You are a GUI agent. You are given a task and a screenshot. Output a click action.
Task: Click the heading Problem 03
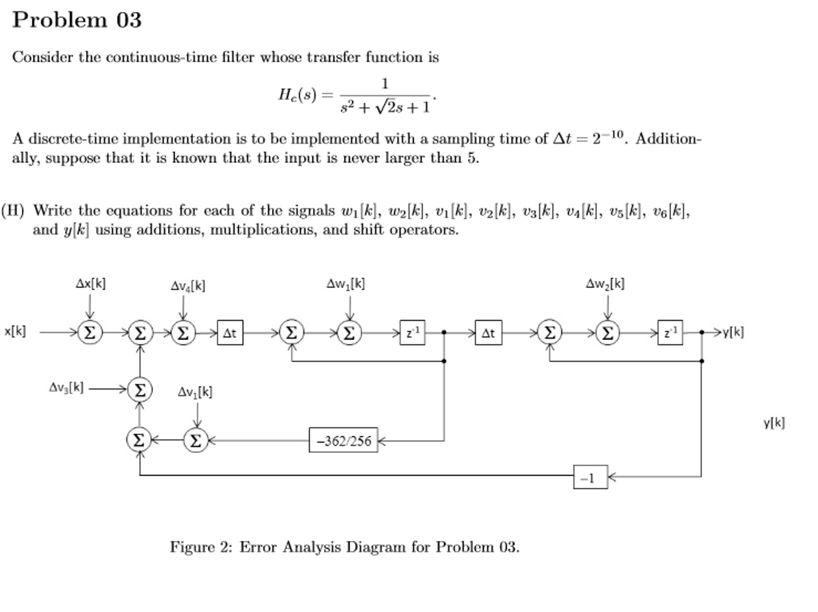77,20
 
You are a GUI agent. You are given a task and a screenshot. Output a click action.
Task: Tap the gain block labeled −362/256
343,441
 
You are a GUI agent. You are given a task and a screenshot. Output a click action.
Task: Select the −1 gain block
590,477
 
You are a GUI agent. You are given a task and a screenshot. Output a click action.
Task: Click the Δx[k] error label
91,284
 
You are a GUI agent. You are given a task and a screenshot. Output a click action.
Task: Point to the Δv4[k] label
188,286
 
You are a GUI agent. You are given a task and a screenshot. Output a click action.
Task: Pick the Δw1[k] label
345,284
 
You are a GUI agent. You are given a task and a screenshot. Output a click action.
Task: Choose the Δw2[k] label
605,284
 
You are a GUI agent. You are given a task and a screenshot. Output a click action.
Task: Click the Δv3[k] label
66,387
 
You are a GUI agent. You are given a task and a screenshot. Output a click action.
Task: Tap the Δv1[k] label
195,392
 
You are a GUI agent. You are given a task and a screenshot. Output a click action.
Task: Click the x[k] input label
15,331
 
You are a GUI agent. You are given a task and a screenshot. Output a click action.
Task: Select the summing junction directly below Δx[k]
90,333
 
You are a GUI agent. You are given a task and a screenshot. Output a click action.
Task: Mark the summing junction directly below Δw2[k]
607,333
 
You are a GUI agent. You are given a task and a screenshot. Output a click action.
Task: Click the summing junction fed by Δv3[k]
140,390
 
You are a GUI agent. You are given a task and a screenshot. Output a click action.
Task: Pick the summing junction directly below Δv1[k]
196,441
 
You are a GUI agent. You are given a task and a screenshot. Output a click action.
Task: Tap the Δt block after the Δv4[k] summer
230,333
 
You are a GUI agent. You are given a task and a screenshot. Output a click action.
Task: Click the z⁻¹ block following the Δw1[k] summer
412,333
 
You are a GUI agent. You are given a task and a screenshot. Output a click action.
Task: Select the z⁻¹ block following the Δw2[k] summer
670,333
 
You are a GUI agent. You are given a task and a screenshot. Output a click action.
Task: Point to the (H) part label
13,210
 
